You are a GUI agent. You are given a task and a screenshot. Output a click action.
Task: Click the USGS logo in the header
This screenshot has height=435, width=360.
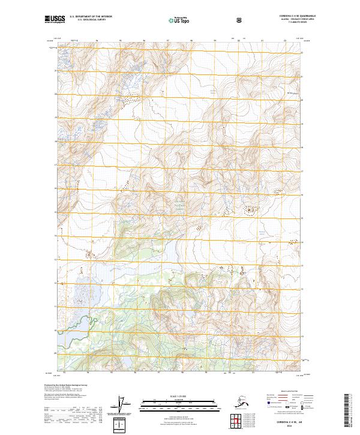(x=55, y=20)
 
